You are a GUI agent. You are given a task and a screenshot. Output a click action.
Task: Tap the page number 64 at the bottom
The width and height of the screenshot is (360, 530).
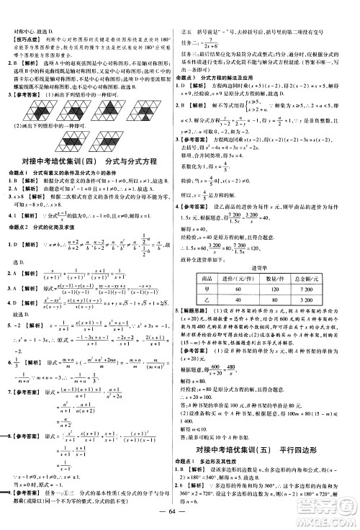[179, 514]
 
